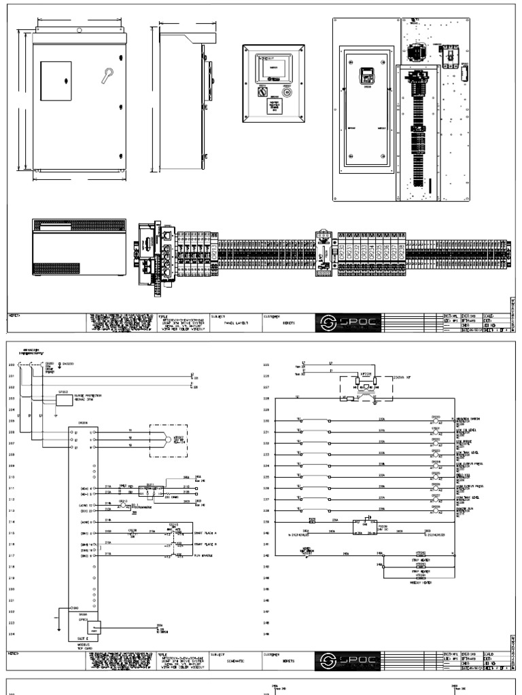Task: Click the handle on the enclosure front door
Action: pyautogui.click(x=107, y=75)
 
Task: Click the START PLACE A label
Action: pyautogui.click(x=207, y=533)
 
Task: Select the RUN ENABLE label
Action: pyautogui.click(x=205, y=556)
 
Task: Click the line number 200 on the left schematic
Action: pyautogui.click(x=11, y=365)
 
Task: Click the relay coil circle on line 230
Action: pyautogui.click(x=436, y=421)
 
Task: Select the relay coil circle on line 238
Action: pyautogui.click(x=436, y=510)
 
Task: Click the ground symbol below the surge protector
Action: pyautogui.click(x=55, y=415)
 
